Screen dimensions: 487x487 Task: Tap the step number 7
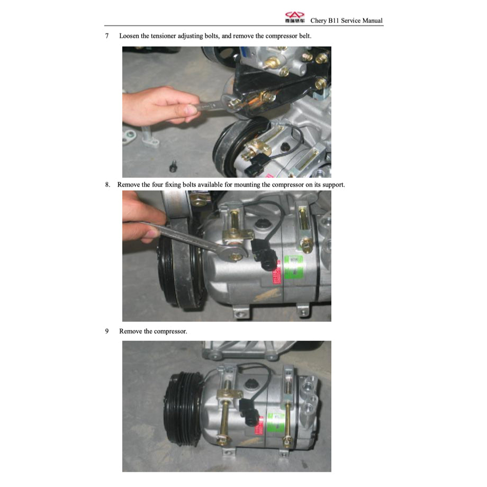click(107, 36)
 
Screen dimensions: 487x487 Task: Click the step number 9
click(107, 331)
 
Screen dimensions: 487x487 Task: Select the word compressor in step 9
click(169, 331)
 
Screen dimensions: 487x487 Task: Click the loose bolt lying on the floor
click(173, 167)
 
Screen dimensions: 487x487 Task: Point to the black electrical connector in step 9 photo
click(248, 411)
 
